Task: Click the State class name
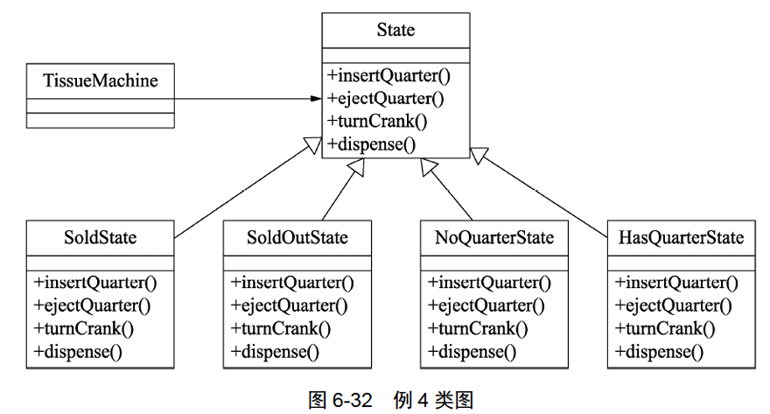(395, 31)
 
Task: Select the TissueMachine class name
(101, 81)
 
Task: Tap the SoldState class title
(101, 237)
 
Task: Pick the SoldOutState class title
(297, 237)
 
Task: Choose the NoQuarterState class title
(493, 237)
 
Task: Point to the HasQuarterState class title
(681, 237)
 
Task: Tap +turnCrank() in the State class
(376, 121)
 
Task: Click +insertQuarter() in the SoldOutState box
(292, 283)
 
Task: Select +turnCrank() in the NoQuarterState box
(478, 329)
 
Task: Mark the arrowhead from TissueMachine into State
(316, 99)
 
